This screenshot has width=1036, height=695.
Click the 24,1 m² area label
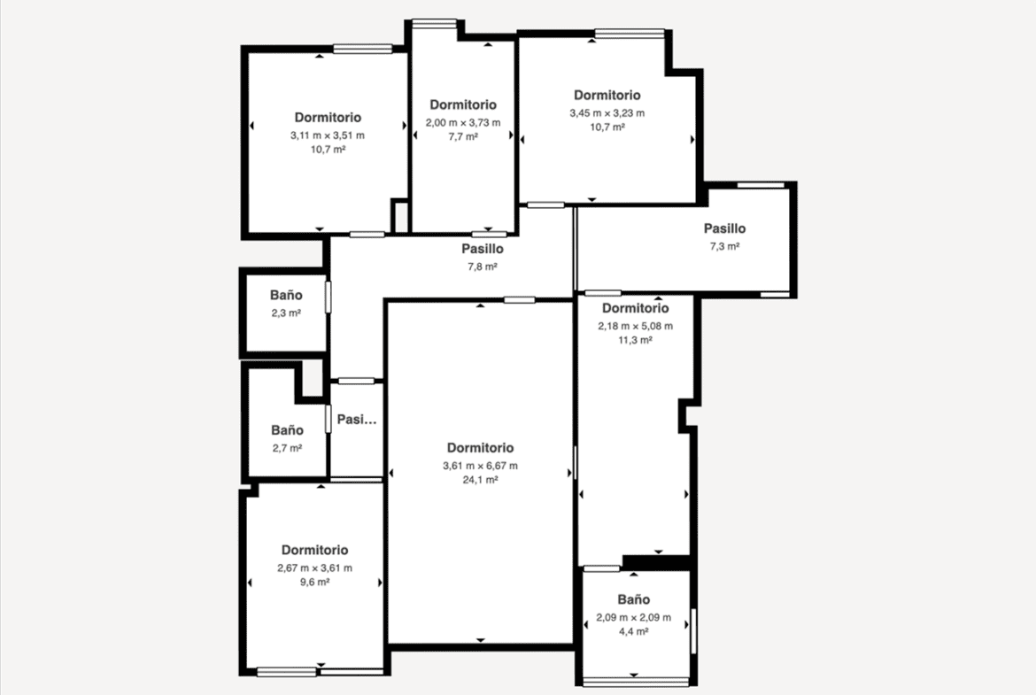[x=480, y=480]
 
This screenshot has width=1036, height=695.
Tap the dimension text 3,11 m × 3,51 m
[x=328, y=135]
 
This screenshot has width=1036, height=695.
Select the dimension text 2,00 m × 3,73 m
[x=463, y=122]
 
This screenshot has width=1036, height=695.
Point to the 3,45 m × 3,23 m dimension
[x=607, y=113]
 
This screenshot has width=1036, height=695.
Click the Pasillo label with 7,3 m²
[x=725, y=228]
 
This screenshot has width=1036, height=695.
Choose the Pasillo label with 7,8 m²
[x=483, y=249]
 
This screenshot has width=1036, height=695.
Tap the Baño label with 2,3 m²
[x=286, y=296]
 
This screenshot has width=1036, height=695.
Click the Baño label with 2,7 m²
[x=288, y=430]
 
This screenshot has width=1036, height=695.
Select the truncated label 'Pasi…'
[x=357, y=420]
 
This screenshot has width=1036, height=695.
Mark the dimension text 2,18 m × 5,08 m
[x=636, y=326]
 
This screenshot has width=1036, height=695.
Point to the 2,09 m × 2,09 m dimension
[x=634, y=618]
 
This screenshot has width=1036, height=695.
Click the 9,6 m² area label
[x=314, y=582]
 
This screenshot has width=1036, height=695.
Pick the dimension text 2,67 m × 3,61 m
[x=314, y=568]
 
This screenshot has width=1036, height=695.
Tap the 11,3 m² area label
[x=636, y=340]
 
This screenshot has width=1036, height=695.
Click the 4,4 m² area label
[x=634, y=631]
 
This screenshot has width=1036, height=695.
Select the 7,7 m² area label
[x=463, y=136]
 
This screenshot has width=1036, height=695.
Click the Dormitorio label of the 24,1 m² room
[x=480, y=448]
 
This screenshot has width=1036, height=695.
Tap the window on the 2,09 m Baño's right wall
[x=693, y=631]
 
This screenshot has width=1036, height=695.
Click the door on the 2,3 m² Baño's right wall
[x=328, y=297]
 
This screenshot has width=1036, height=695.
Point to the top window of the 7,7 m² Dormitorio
[x=434, y=24]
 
